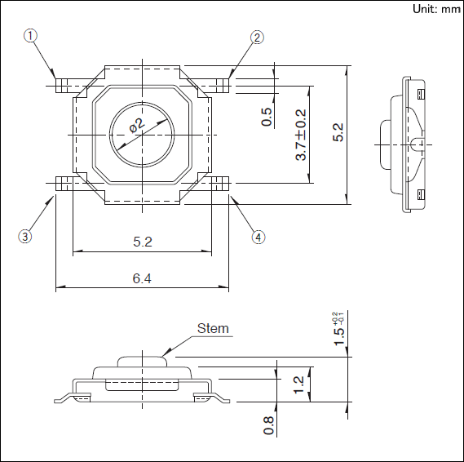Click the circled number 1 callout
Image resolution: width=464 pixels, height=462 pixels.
pyautogui.click(x=30, y=36)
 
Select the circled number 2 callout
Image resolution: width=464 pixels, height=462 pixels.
pyautogui.click(x=257, y=38)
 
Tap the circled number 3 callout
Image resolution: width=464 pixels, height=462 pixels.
pyautogui.click(x=25, y=237)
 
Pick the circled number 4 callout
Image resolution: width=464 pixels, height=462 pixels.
pyautogui.click(x=259, y=238)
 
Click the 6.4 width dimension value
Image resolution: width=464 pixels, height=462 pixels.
pyautogui.click(x=142, y=278)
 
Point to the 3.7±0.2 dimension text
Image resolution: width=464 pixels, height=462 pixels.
pyautogui.click(x=301, y=135)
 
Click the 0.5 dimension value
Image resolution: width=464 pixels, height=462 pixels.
pyautogui.click(x=267, y=117)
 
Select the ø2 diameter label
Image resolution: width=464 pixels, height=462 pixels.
pyautogui.click(x=137, y=125)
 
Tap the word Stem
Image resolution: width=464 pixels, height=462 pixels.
pyautogui.click(x=213, y=328)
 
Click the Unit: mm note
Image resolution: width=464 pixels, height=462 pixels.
pyautogui.click(x=437, y=9)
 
